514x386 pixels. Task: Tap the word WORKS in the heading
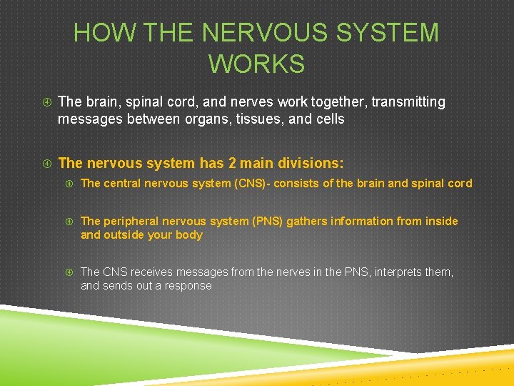(x=257, y=64)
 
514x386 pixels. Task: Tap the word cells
(x=327, y=119)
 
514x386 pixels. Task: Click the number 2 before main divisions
(x=233, y=163)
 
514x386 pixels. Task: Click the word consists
(x=292, y=183)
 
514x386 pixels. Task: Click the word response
(x=188, y=285)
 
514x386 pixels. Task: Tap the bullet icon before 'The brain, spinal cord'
(x=46, y=102)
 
